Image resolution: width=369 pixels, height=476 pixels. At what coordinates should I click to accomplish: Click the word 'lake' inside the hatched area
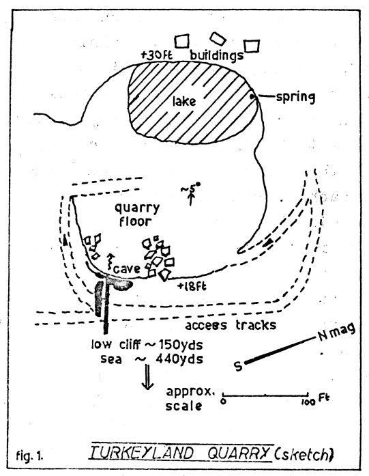click(184, 101)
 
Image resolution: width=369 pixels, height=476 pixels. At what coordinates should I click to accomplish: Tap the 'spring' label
click(295, 98)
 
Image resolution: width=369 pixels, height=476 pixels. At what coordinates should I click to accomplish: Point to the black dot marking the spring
click(252, 96)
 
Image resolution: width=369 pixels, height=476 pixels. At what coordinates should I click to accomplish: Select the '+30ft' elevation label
click(156, 55)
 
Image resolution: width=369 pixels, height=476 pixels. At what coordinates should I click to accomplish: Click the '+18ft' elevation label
click(192, 286)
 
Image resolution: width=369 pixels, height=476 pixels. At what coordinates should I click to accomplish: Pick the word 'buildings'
click(216, 55)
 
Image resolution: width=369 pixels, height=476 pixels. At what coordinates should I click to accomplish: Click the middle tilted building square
click(218, 38)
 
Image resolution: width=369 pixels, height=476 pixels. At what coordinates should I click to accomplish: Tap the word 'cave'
click(127, 268)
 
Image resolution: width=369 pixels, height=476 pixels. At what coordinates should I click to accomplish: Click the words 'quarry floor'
click(136, 215)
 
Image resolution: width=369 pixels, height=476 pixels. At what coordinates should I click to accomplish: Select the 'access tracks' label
click(231, 325)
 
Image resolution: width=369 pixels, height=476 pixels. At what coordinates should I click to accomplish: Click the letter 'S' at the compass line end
click(239, 366)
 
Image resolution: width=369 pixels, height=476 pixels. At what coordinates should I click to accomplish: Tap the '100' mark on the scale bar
click(308, 402)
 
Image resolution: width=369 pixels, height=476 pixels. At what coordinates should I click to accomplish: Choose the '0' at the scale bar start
click(223, 402)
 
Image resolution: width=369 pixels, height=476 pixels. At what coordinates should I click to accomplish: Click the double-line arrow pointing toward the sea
click(147, 378)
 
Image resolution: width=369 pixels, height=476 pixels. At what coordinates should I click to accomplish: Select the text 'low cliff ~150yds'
click(147, 345)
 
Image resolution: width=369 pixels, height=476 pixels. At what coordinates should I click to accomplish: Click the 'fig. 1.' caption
click(29, 456)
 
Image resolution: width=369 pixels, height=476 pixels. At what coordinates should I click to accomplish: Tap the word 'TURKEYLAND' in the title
click(142, 453)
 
